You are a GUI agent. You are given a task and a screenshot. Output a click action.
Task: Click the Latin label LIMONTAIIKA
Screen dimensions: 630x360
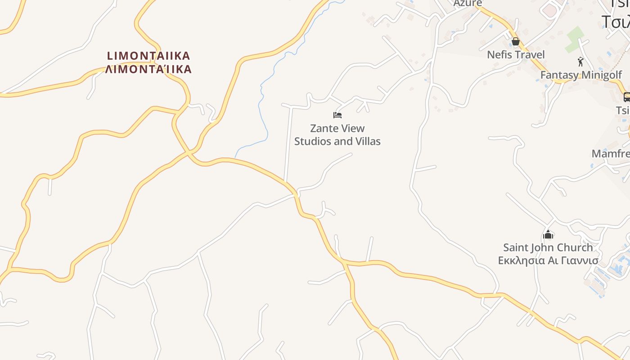148,56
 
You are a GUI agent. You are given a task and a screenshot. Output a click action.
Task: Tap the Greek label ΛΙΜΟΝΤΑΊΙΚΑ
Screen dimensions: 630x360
148,69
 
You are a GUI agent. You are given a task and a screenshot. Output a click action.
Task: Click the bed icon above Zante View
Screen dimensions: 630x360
337,115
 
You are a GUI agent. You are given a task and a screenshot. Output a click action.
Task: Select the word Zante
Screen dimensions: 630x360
324,129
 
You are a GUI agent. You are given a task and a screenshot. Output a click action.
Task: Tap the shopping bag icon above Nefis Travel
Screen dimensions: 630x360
516,42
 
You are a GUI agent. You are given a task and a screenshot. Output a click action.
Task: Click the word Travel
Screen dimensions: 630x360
530,55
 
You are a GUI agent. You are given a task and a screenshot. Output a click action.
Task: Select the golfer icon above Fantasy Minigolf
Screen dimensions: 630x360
580,62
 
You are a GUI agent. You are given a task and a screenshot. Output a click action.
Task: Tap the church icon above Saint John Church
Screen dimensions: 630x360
548,234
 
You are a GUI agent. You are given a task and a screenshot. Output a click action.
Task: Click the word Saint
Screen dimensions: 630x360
516,247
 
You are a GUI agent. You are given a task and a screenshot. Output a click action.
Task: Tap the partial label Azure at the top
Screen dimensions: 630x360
468,3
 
